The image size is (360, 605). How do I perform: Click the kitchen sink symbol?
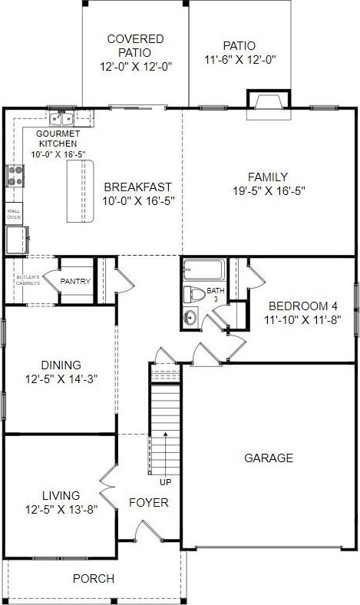click(x=61, y=118)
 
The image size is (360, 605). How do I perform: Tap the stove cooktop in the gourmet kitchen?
click(x=15, y=176)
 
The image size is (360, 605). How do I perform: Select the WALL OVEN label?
click(x=14, y=214)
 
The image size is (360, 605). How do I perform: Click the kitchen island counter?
click(x=81, y=191)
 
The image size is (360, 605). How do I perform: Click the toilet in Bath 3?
click(x=194, y=294)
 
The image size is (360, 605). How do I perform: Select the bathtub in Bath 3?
click(x=203, y=269)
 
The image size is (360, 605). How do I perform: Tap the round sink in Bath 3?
click(x=190, y=318)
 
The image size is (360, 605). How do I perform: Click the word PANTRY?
click(x=75, y=281)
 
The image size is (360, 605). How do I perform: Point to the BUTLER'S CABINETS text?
click(x=28, y=280)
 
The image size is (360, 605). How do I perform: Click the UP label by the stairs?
click(x=166, y=482)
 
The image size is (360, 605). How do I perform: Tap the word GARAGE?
click(x=269, y=458)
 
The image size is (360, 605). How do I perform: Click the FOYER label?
click(x=149, y=503)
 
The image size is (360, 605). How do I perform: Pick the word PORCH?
click(x=94, y=578)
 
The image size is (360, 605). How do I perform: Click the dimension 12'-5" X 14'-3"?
click(x=61, y=379)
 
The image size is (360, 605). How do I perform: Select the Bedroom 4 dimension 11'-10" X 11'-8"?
click(x=303, y=320)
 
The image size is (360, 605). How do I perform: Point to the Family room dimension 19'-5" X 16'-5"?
click(x=269, y=190)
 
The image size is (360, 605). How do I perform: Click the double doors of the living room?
click(x=108, y=488)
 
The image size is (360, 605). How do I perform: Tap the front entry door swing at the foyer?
click(x=148, y=531)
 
